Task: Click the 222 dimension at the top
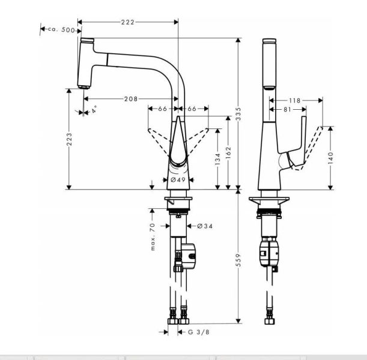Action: point(127,22)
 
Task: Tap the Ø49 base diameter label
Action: point(177,179)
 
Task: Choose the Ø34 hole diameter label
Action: point(204,226)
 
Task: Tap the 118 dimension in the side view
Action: point(294,100)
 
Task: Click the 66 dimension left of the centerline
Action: point(162,109)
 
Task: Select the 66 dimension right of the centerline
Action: point(192,109)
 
